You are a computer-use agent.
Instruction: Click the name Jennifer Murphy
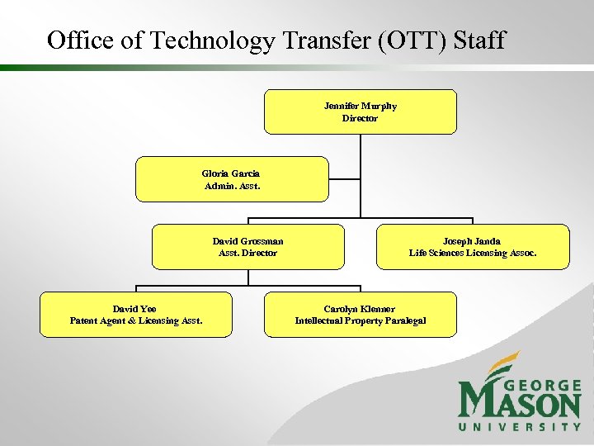coord(360,106)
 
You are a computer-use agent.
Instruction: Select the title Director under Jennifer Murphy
coord(360,118)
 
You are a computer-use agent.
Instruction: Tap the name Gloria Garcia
coord(231,173)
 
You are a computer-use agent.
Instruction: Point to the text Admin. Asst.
coord(231,186)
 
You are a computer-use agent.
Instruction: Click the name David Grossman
coord(247,241)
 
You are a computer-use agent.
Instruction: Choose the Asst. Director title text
coord(247,253)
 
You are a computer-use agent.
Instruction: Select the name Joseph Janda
coord(473,241)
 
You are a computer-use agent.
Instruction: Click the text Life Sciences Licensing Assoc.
coord(473,253)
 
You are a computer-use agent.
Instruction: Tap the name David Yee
coord(134,309)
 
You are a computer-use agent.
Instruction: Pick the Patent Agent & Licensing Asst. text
coord(136,320)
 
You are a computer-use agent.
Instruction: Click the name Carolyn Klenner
coord(360,309)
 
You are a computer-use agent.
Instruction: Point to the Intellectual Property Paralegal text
coord(361,320)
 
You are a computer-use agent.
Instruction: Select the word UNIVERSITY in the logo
coord(520,426)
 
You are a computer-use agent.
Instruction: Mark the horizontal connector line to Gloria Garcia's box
coord(345,179)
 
